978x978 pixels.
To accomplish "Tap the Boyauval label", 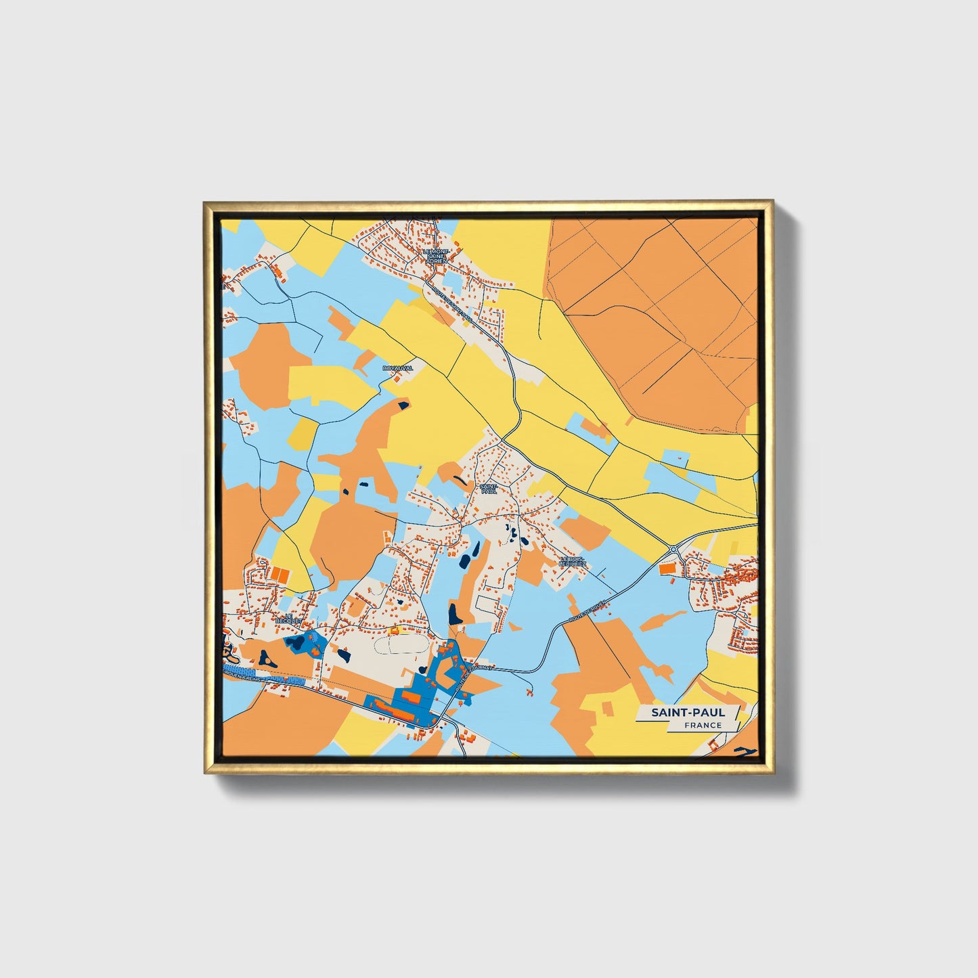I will pos(397,368).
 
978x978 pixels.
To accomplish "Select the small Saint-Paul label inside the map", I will pos(488,489).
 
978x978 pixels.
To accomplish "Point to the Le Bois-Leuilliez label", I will pos(573,561).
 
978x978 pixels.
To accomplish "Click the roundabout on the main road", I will pos(673,550).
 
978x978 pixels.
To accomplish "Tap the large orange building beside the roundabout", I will pos(667,569).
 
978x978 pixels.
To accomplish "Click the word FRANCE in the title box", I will pos(703,725).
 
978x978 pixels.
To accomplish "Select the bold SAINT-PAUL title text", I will pos(688,712).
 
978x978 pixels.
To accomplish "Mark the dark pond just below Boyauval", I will pos(403,405).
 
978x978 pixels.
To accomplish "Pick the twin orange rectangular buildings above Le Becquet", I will pos(280,574).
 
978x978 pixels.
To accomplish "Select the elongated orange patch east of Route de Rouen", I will pos(663,620).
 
